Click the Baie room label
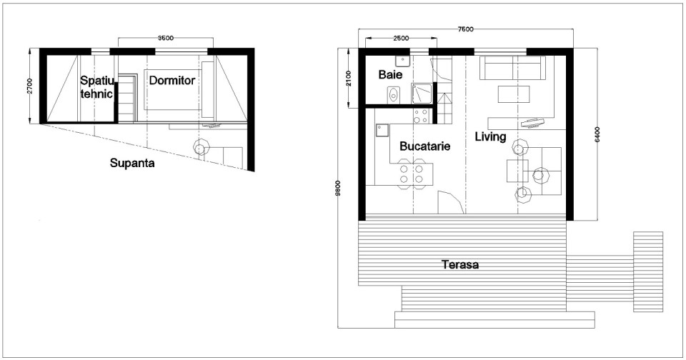(390, 74)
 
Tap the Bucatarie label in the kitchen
(424, 146)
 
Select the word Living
(489, 136)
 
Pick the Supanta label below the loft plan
(133, 163)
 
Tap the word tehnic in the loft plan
(96, 93)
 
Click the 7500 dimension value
(465, 29)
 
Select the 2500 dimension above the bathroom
(401, 38)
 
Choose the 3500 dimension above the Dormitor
(165, 38)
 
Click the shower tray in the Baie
(420, 92)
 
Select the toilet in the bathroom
(392, 94)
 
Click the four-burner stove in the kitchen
(421, 115)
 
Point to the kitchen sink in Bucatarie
(382, 129)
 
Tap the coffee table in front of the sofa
(514, 94)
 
